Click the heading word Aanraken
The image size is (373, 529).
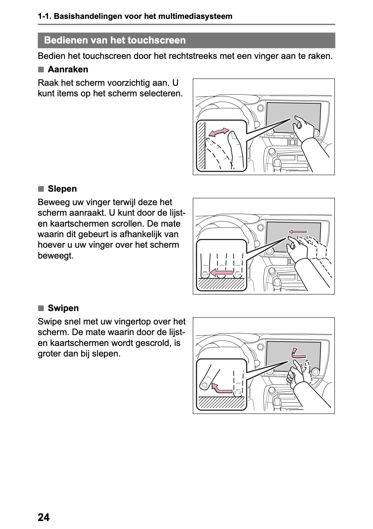click(x=68, y=69)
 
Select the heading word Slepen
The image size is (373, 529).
click(x=62, y=189)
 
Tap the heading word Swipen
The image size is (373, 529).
click(x=63, y=308)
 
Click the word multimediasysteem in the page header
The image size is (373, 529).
click(x=195, y=16)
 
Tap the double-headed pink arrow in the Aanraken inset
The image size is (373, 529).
click(x=219, y=132)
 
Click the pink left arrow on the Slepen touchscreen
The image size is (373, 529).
click(x=298, y=232)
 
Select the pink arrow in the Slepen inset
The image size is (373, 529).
click(x=221, y=273)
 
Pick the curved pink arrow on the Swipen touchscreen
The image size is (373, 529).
click(x=298, y=353)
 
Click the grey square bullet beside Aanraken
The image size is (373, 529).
click(x=41, y=70)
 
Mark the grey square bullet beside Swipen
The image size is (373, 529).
click(x=41, y=309)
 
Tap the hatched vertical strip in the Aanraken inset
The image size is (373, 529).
click(x=201, y=145)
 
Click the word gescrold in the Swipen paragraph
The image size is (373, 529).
click(x=154, y=343)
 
